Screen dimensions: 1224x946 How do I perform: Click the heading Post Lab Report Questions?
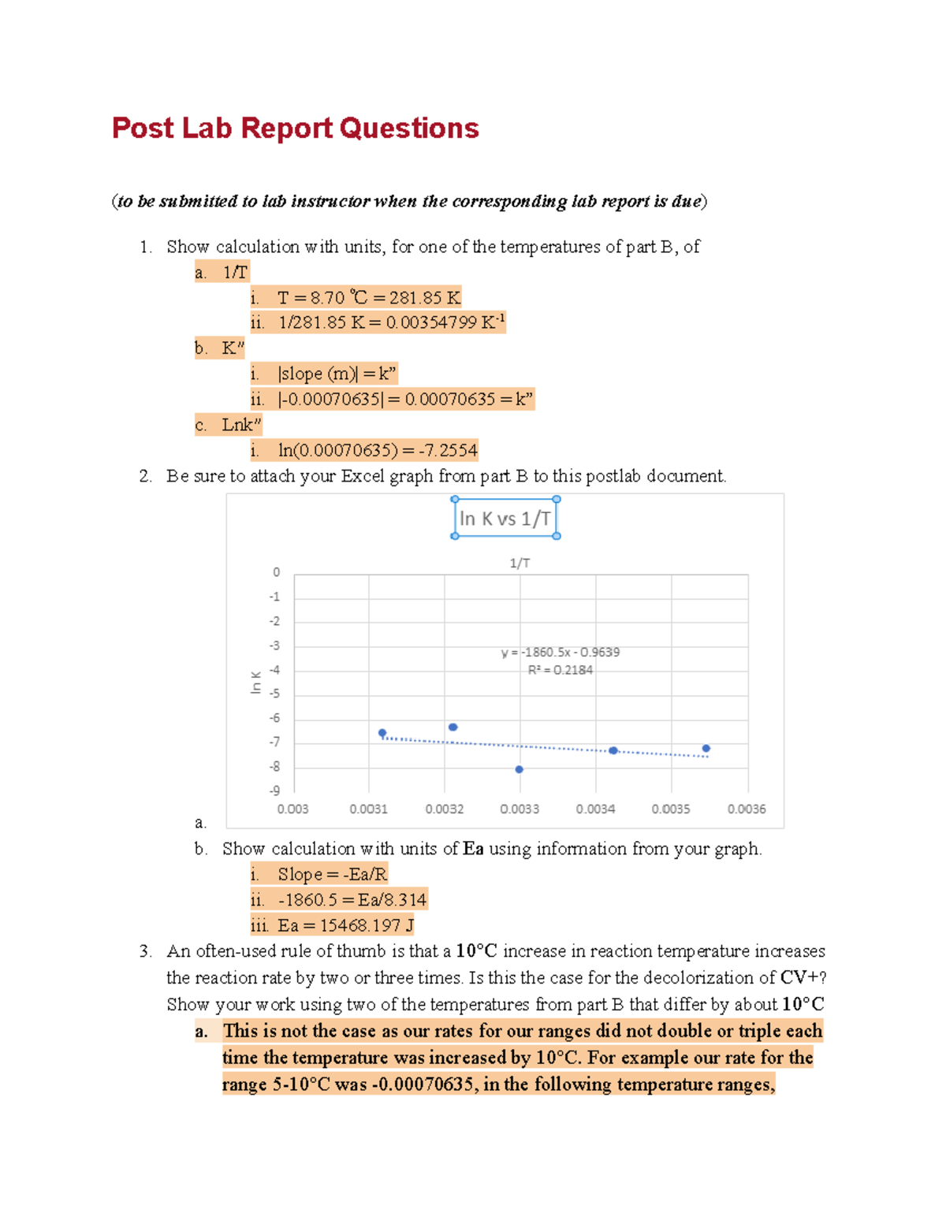point(295,128)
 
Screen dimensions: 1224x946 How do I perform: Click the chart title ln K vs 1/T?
point(505,519)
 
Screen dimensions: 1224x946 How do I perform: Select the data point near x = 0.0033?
point(519,769)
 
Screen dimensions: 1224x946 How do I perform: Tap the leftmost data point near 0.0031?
point(382,733)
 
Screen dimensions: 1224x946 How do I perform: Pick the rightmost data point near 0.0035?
point(706,749)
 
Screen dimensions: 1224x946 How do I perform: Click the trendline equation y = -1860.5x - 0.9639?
point(561,653)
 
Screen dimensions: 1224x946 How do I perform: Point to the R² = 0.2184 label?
point(561,671)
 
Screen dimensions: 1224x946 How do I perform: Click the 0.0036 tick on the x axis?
point(746,809)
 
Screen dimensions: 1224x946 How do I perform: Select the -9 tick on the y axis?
point(274,791)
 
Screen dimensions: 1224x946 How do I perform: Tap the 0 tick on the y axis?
point(276,572)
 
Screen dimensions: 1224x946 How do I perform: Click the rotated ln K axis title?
point(255,683)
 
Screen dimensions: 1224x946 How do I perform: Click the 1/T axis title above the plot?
point(520,563)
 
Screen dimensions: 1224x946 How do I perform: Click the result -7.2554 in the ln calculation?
point(448,451)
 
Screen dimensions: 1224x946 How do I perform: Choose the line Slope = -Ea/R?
point(332,874)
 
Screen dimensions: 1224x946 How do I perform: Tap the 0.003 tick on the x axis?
point(292,809)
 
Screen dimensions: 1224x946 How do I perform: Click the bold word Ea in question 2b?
point(473,849)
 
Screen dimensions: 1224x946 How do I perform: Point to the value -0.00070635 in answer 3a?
point(423,1084)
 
